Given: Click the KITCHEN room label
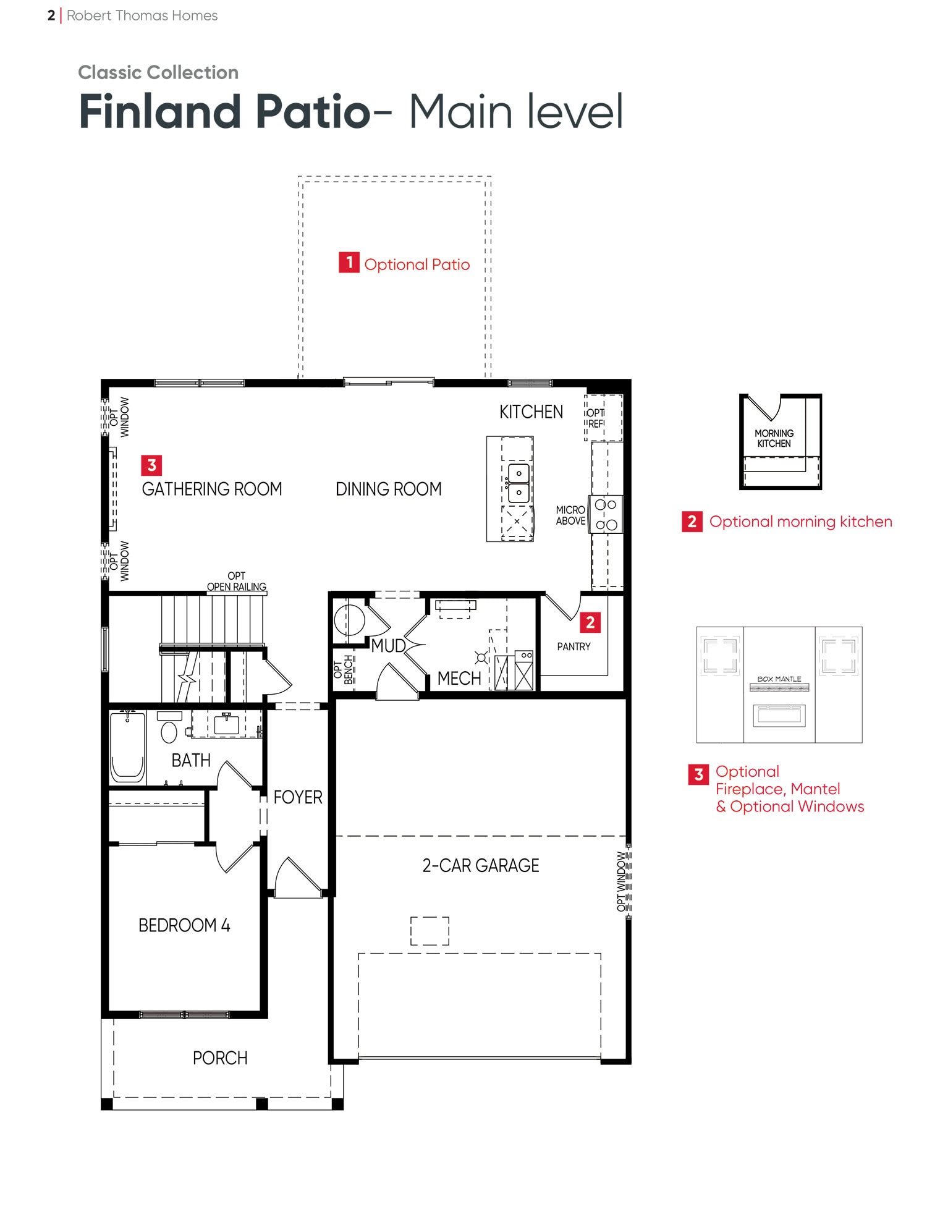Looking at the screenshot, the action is pyautogui.click(x=531, y=412).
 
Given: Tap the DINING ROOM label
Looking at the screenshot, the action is pyautogui.click(x=388, y=489).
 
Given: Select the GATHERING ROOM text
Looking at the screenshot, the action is pyautogui.click(x=212, y=489).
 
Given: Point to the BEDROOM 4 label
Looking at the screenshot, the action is pyautogui.click(x=184, y=925).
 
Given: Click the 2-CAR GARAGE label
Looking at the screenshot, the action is pyautogui.click(x=481, y=865).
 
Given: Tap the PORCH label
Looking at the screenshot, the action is pyautogui.click(x=220, y=1058).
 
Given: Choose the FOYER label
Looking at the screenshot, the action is pyautogui.click(x=298, y=797).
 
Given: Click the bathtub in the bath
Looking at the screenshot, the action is pyautogui.click(x=128, y=747).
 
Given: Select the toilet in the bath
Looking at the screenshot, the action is pyautogui.click(x=169, y=727).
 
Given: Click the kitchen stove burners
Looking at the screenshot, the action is pyautogui.click(x=606, y=514).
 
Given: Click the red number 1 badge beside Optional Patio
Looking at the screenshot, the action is pyautogui.click(x=349, y=263).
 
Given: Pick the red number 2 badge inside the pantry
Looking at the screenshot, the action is pyautogui.click(x=590, y=622).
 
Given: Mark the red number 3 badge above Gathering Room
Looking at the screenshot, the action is pyautogui.click(x=152, y=465).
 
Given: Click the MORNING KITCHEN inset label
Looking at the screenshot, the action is pyautogui.click(x=774, y=438).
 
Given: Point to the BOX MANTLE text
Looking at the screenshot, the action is pyautogui.click(x=779, y=679).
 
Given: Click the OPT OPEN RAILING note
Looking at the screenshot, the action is pyautogui.click(x=237, y=582).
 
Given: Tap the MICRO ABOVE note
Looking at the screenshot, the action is pyautogui.click(x=570, y=515).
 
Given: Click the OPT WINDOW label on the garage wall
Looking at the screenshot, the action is pyautogui.click(x=621, y=881).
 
